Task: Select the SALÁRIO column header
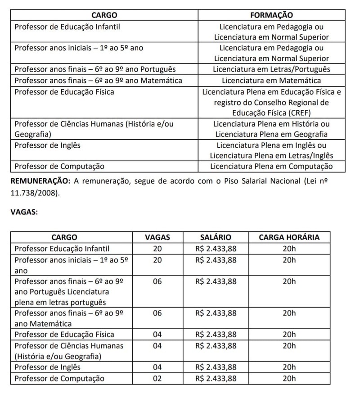[x=216, y=237]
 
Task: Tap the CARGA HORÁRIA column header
[x=289, y=237]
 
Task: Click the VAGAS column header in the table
[x=157, y=237]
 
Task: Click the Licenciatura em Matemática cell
[x=271, y=81]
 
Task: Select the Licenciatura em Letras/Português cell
[x=271, y=70]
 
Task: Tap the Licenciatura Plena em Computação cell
[x=271, y=167]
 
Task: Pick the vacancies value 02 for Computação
[x=157, y=378]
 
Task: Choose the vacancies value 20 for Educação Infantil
[x=157, y=249]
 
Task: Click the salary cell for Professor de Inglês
[x=216, y=367]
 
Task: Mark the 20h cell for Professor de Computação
[x=289, y=378]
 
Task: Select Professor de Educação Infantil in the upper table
[x=67, y=27]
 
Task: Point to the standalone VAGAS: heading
[x=24, y=213]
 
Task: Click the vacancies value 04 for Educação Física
[x=157, y=335]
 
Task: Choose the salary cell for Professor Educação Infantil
[x=216, y=249]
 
